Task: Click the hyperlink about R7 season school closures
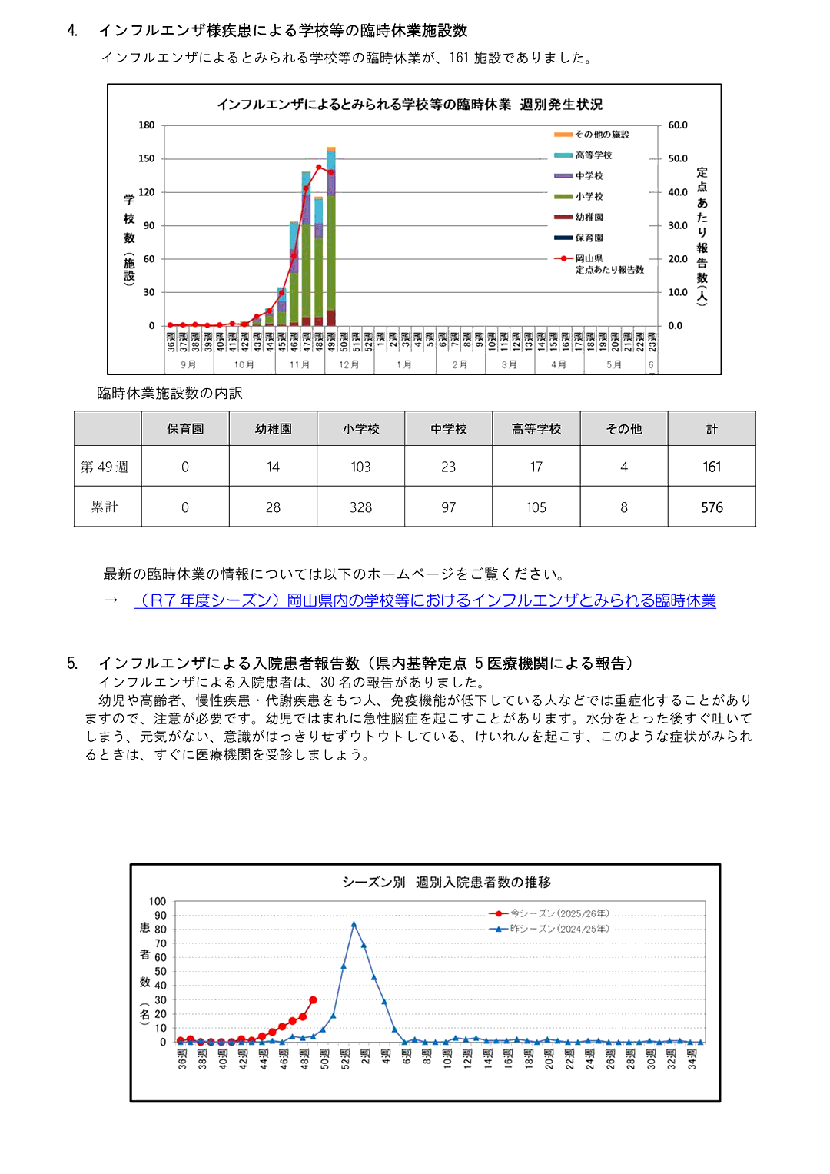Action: pos(424,600)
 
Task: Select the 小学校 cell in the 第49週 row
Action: pos(360,467)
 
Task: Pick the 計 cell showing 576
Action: pos(712,507)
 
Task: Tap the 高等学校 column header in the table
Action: pos(536,429)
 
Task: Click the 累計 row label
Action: pos(105,507)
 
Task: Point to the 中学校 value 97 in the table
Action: pos(448,507)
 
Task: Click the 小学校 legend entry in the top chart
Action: pos(589,197)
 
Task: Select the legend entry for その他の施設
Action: pos(602,135)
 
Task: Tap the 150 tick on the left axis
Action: pos(146,158)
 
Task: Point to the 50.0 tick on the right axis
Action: pos(677,158)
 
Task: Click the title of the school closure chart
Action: pos(410,105)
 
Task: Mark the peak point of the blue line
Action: pos(354,924)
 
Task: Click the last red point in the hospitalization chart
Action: pos(313,1000)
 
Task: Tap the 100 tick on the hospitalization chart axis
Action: pos(158,901)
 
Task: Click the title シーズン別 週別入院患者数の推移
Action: pos(447,882)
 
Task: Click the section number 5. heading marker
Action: pos(72,663)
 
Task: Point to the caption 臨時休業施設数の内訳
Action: pos(170,394)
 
